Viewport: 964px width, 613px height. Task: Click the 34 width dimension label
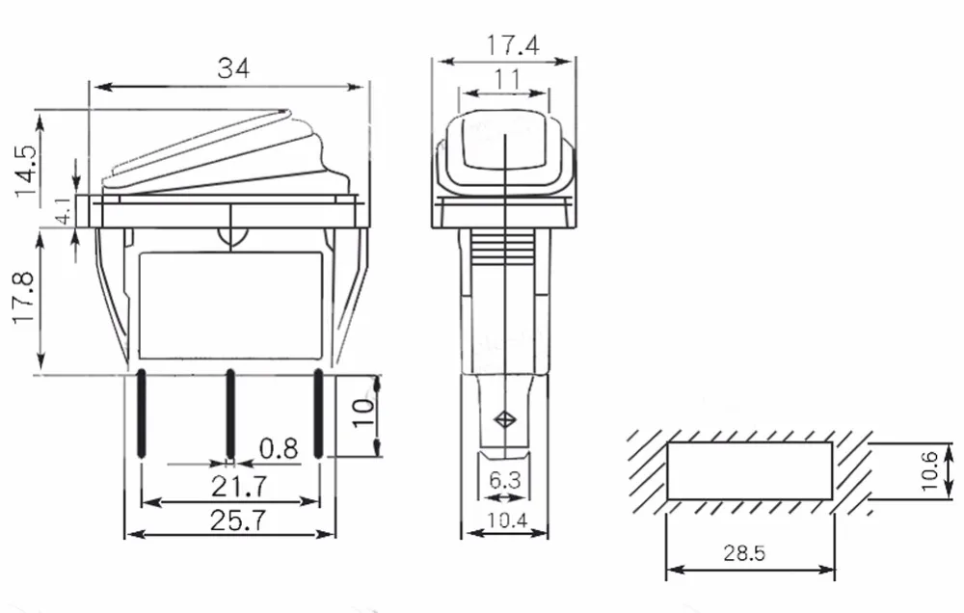point(233,68)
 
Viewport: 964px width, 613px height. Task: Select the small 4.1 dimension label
point(64,211)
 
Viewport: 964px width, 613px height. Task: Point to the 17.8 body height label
point(24,298)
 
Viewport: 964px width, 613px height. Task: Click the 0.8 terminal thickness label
point(279,449)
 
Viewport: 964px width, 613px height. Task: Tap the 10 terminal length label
point(362,413)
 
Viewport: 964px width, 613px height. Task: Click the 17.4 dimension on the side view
point(513,45)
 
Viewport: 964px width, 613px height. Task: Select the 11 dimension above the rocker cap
point(507,79)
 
